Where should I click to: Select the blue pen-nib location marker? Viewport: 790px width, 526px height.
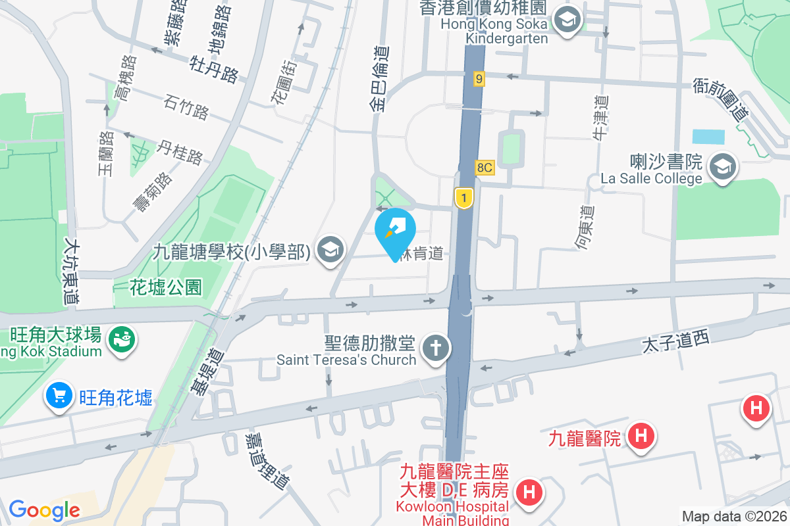[x=395, y=231]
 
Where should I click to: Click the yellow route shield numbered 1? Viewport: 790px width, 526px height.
[x=464, y=198]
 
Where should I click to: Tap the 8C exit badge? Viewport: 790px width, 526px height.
[x=485, y=168]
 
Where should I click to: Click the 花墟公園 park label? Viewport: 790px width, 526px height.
[x=165, y=287]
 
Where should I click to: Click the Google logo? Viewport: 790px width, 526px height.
[x=44, y=510]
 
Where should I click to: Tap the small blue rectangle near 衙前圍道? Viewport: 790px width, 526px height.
[x=708, y=137]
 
